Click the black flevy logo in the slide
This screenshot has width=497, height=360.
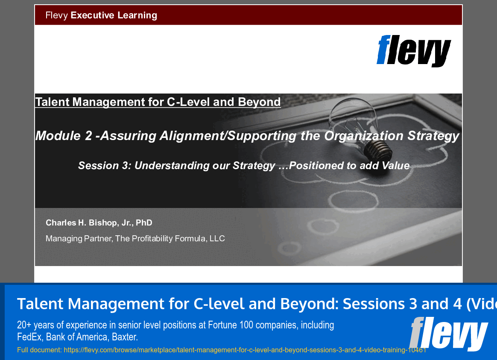(413, 51)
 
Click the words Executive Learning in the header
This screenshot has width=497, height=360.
(114, 15)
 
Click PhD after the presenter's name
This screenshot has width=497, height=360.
(144, 223)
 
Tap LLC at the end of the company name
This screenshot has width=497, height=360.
(217, 239)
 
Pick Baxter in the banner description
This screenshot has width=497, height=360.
(124, 337)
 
